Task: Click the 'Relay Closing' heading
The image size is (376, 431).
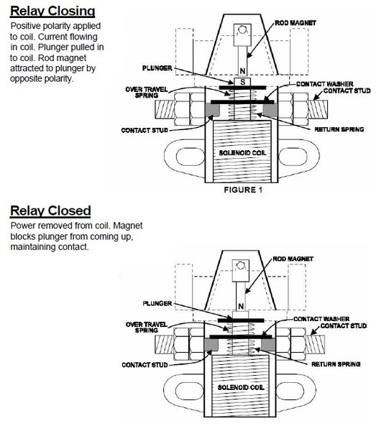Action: click(52, 11)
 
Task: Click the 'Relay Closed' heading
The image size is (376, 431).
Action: click(50, 210)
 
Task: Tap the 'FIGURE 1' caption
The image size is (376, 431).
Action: click(243, 190)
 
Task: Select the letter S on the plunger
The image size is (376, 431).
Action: click(242, 82)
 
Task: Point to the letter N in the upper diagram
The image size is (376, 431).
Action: click(242, 71)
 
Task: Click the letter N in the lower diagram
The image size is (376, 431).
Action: click(241, 306)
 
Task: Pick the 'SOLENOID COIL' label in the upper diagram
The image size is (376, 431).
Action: click(242, 153)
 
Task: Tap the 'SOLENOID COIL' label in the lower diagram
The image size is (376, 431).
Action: click(241, 387)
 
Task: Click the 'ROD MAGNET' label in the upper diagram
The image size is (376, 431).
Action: click(295, 23)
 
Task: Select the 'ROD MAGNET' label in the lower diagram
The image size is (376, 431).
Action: click(293, 259)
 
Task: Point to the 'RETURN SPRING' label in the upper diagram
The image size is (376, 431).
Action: click(339, 129)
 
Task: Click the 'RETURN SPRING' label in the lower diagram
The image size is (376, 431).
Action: click(336, 364)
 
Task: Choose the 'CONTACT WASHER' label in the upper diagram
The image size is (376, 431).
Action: click(324, 84)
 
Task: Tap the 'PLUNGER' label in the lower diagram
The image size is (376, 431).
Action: click(157, 303)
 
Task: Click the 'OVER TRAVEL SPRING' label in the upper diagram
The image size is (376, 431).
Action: click(147, 93)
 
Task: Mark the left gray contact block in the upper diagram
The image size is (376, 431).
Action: click(212, 110)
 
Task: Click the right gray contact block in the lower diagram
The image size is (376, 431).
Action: click(268, 344)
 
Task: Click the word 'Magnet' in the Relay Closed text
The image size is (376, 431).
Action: click(128, 226)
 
